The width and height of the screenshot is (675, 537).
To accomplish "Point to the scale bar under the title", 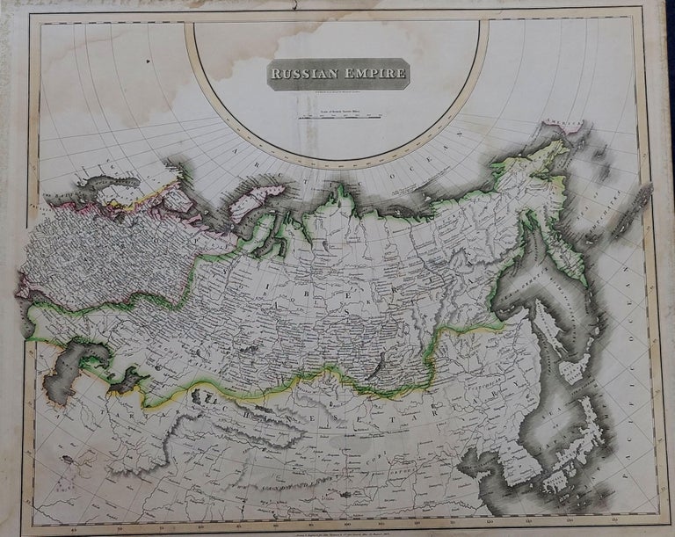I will click(x=337, y=114).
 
